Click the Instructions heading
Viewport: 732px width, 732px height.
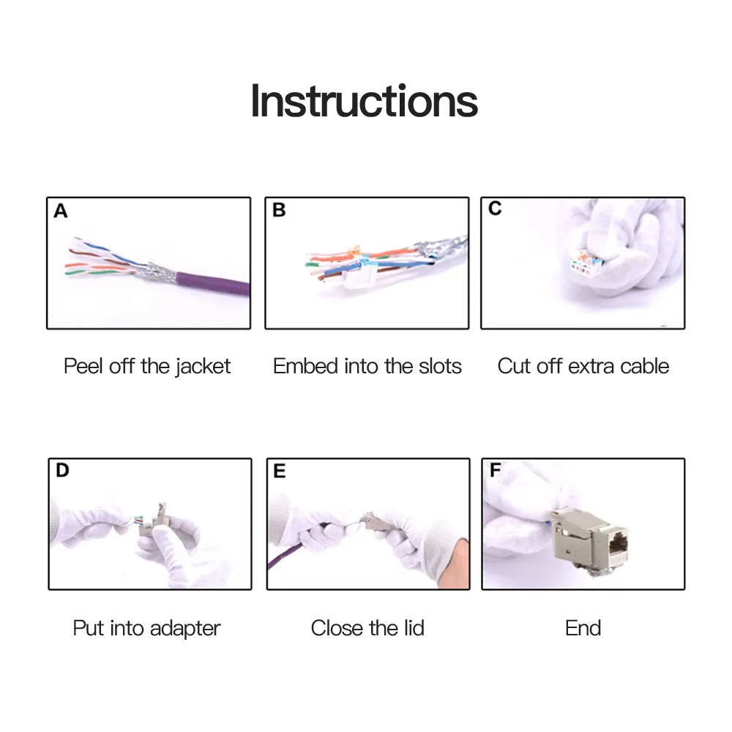[x=364, y=101]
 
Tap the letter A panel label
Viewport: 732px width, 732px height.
[x=61, y=211]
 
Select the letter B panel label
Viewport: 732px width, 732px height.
[x=279, y=210]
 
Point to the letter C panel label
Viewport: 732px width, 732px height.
[x=495, y=208]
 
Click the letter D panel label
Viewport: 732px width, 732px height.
[x=62, y=470]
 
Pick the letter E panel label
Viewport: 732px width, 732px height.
[x=279, y=471]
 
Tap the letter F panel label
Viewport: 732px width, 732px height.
[x=495, y=470]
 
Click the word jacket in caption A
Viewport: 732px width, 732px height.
[x=203, y=367]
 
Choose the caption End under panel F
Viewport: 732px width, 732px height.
[x=583, y=628]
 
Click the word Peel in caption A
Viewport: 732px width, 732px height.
[x=83, y=366]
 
